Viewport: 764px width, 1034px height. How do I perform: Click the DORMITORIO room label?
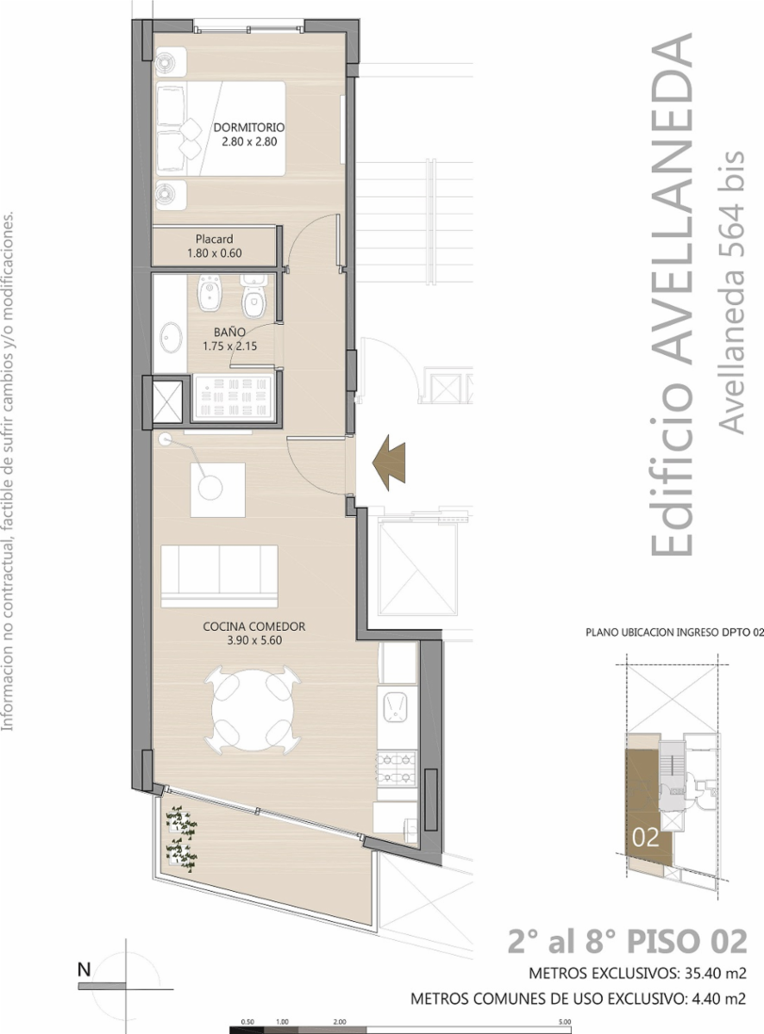[249, 128]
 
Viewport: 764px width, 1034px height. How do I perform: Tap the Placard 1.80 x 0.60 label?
[215, 246]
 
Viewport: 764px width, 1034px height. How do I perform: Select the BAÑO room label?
[229, 333]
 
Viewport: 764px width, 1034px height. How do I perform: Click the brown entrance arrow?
[389, 463]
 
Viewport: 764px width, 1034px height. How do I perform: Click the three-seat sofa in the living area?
[219, 576]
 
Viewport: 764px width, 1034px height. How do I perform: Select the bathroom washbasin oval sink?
[172, 337]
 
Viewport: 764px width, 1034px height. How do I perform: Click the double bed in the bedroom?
[220, 128]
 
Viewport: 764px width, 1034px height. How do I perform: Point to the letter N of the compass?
[84, 969]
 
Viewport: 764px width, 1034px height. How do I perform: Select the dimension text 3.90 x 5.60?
[254, 640]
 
